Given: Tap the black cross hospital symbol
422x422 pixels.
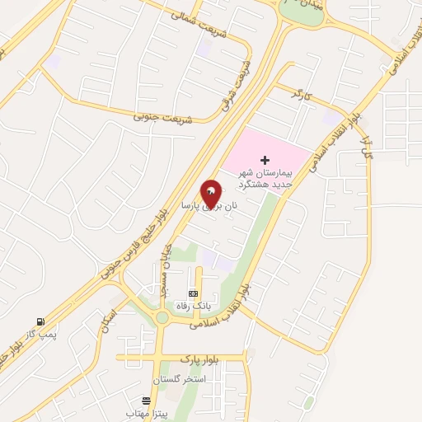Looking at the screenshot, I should coord(265,160).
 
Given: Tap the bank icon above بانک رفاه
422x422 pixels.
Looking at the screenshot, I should coord(194,293).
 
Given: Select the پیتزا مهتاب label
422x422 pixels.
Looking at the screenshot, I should coord(148,411).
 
